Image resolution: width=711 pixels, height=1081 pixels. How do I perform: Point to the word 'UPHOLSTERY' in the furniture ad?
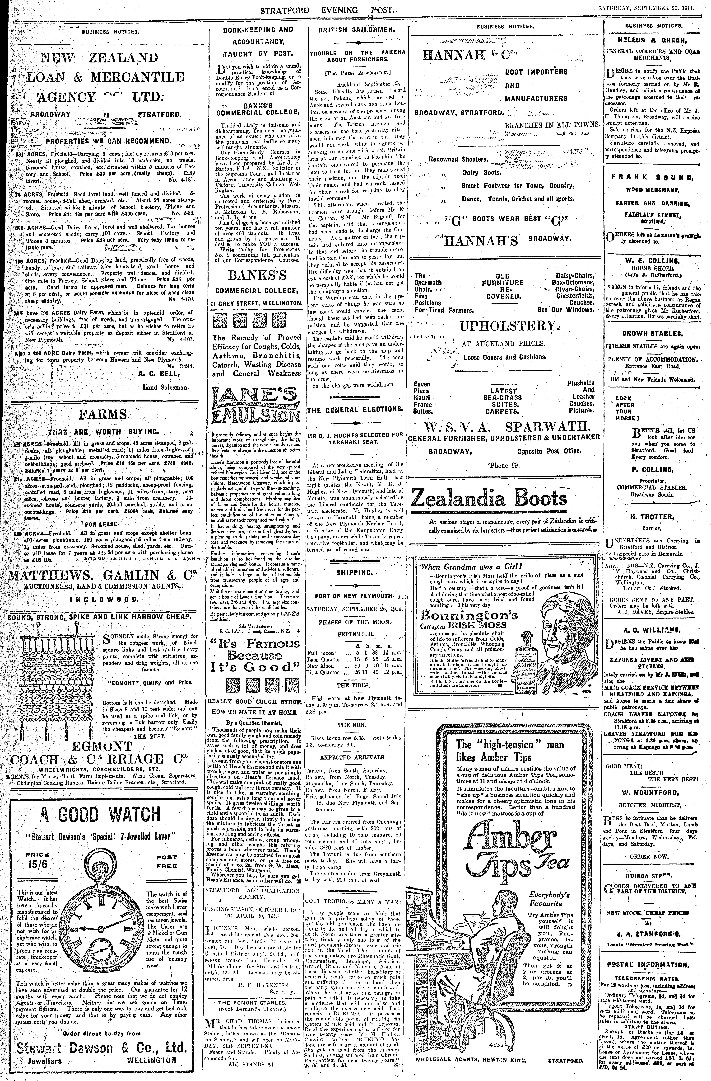pos(507,326)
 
